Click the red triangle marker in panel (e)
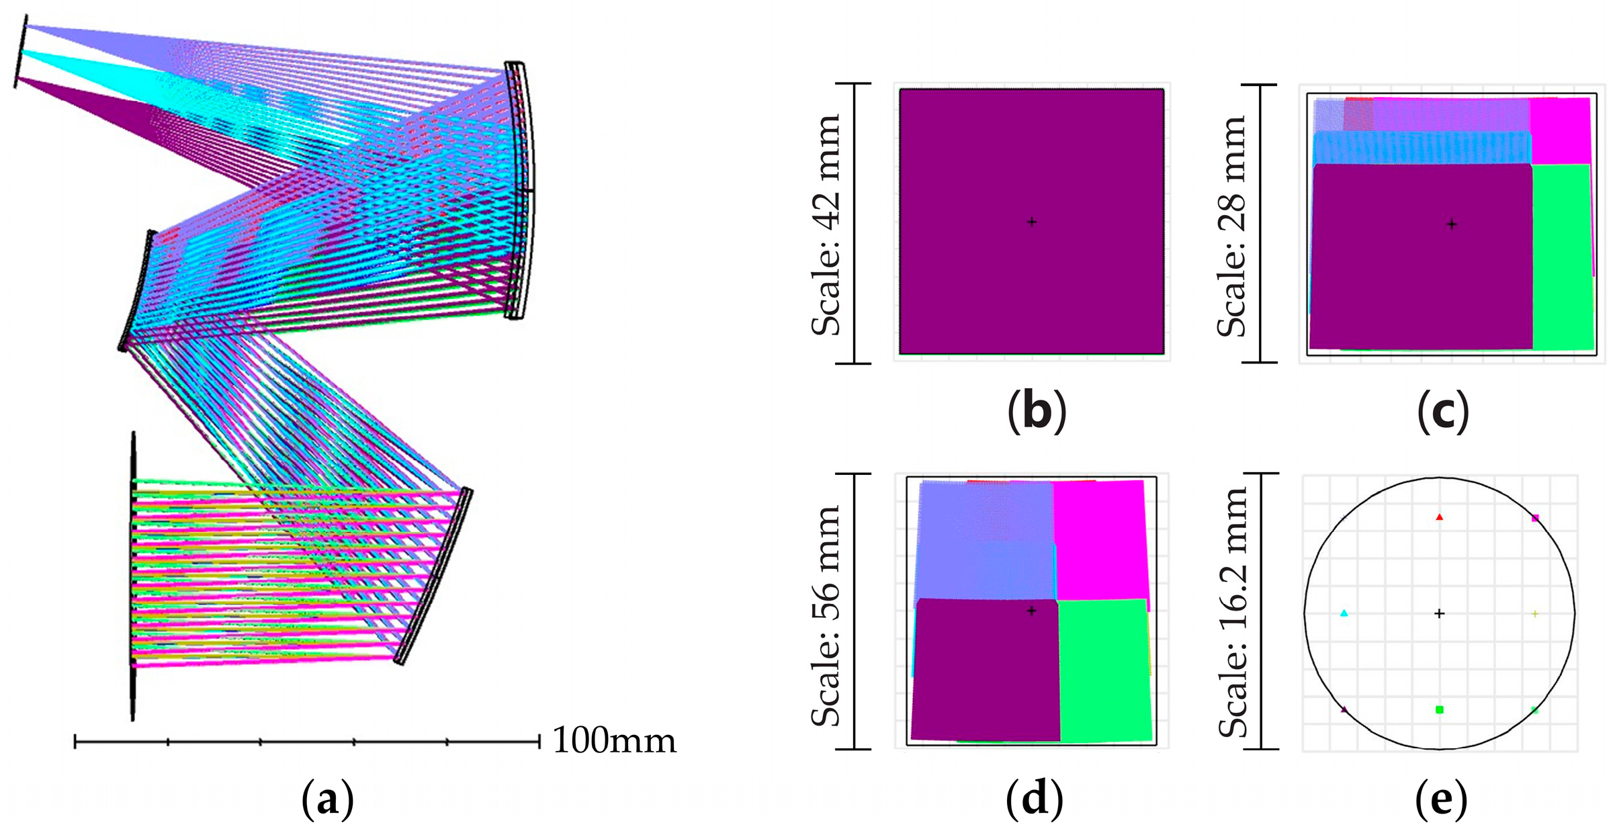pos(1439,517)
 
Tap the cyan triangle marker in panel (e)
pos(1344,613)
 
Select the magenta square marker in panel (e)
pos(1535,518)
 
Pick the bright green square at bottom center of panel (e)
pos(1439,709)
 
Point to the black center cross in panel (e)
pos(1439,613)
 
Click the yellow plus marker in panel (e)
pos(1535,613)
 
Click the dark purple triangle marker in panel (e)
pos(1344,709)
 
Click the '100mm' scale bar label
pos(614,740)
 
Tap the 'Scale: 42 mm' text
pos(826,224)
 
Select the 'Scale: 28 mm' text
pos(1232,226)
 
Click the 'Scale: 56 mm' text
pos(826,615)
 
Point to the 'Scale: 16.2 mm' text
pos(1233,611)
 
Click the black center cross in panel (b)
pos(1032,222)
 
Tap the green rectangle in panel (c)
pos(1563,255)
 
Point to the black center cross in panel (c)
pos(1452,224)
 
